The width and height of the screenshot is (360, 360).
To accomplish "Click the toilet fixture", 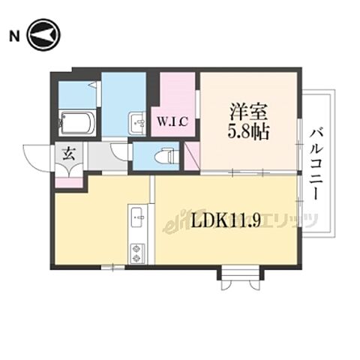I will click(164, 155).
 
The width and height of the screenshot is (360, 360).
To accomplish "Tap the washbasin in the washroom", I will click(138, 121).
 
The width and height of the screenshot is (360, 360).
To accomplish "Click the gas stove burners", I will click(138, 252).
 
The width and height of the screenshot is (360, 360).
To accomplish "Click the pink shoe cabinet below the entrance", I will click(67, 181).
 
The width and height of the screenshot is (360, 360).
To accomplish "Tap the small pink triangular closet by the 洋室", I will click(193, 157).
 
